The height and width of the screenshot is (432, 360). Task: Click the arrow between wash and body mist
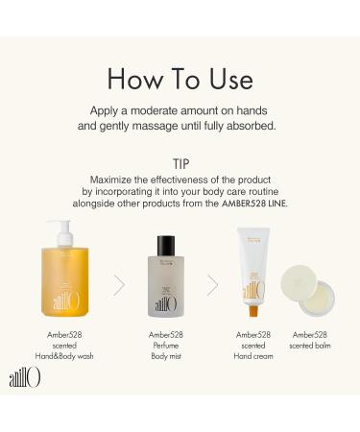tap(119, 284)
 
